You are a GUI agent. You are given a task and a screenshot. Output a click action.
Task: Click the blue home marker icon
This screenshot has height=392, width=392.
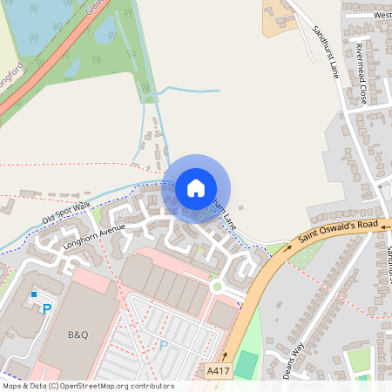196,187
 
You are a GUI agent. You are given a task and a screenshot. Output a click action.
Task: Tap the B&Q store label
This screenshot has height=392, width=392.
79,334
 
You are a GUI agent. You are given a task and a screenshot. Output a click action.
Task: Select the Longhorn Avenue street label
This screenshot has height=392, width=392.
95,237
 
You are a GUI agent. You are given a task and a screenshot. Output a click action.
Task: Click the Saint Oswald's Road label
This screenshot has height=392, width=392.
339,233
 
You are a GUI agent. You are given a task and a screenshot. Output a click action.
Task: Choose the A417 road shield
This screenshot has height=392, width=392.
220,371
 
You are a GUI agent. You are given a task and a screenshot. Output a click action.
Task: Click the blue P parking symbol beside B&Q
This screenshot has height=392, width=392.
47,308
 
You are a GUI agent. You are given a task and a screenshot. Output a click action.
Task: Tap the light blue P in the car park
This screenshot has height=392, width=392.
163,346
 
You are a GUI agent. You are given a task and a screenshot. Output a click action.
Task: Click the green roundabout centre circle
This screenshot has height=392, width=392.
215,286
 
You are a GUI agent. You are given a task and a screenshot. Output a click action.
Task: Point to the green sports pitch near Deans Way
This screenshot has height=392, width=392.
247,363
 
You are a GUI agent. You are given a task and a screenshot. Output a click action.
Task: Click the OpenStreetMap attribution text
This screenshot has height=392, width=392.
88,385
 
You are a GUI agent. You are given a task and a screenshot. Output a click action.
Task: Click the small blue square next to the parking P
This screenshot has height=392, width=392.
35,294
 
